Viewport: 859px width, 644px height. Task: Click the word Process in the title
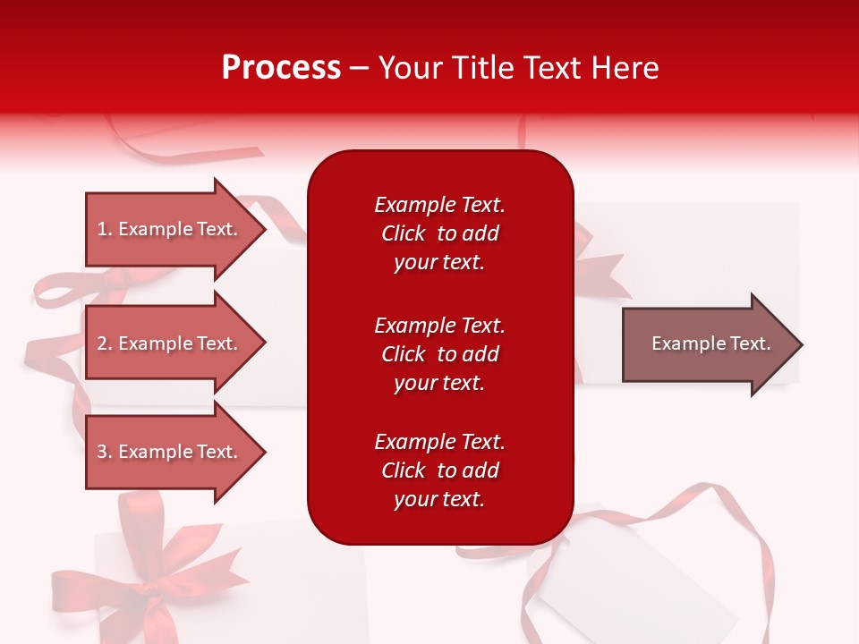[281, 68]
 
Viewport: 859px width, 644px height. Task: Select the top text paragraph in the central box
[439, 233]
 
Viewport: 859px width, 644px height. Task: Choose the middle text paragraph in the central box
[439, 354]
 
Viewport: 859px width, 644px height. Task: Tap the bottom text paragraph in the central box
[439, 470]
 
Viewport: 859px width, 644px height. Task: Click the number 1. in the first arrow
[105, 229]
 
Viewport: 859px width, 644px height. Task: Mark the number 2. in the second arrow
[105, 343]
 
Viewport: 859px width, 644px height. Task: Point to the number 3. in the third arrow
[105, 452]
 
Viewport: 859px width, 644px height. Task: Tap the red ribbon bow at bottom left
[152, 572]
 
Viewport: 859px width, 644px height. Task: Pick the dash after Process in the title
[360, 68]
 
